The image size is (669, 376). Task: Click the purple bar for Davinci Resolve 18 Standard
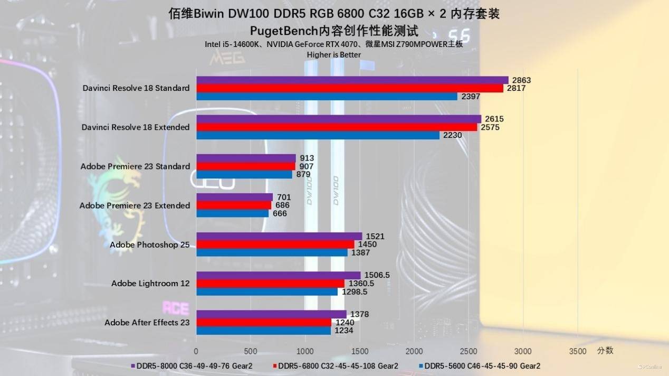(x=352, y=80)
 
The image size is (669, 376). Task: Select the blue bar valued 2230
(x=318, y=135)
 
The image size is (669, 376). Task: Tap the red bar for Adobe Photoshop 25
(x=275, y=245)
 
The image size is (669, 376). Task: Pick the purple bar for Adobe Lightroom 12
(x=278, y=275)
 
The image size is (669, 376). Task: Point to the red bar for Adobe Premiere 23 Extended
(x=234, y=205)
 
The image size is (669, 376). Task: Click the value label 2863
(x=521, y=80)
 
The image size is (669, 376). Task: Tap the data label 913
(x=307, y=158)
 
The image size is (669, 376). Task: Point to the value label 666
(x=280, y=213)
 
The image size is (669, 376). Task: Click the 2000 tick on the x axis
(x=414, y=351)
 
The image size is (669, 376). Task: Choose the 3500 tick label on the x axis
(x=578, y=351)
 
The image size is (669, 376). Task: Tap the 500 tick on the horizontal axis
(x=251, y=351)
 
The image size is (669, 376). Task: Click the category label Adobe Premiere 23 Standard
(x=135, y=166)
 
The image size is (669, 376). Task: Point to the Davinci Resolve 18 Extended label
(x=136, y=127)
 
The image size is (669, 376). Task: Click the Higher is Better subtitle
(x=334, y=54)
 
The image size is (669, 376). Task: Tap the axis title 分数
(x=605, y=350)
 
